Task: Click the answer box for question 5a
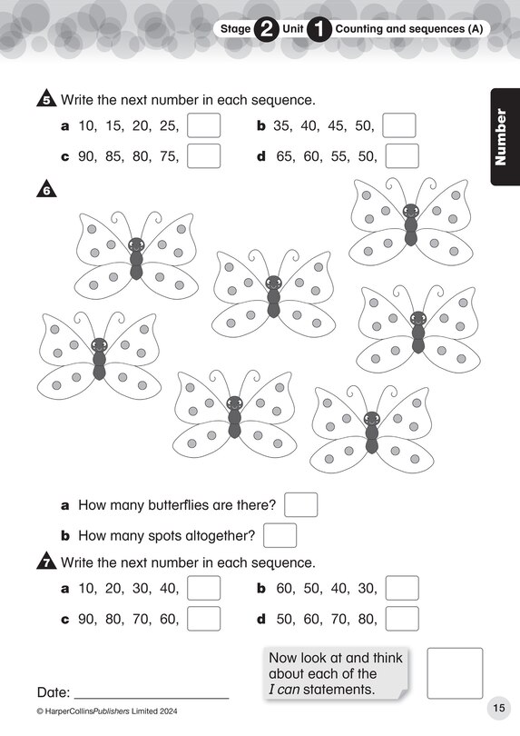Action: [x=203, y=125]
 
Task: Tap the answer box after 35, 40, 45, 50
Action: [x=399, y=125]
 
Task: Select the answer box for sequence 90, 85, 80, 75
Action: [x=203, y=156]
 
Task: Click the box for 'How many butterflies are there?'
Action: [x=300, y=504]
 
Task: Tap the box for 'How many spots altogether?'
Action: [x=280, y=535]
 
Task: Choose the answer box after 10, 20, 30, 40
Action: [x=203, y=588]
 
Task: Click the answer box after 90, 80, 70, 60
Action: [x=203, y=619]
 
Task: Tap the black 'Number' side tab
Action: [x=504, y=136]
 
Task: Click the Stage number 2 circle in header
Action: [x=266, y=29]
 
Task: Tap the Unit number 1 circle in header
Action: [x=319, y=29]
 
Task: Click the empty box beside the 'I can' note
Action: [x=455, y=673]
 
